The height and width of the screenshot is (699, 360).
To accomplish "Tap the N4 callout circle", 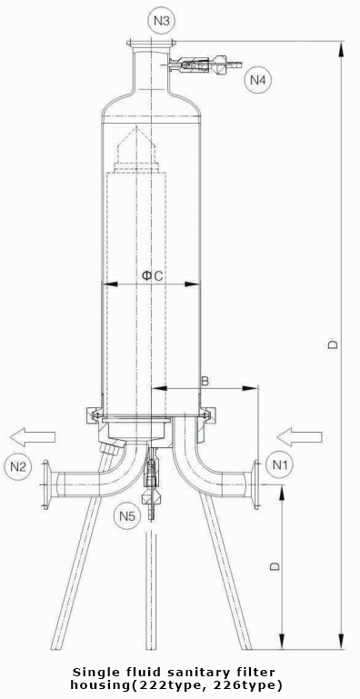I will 257,80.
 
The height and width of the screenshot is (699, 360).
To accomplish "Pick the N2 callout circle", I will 18,467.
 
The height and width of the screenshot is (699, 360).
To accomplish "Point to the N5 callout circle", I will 127,516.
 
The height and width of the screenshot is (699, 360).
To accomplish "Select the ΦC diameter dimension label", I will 152,276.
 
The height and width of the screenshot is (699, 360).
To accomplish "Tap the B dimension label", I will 205,380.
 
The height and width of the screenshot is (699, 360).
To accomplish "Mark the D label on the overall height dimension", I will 333,345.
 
